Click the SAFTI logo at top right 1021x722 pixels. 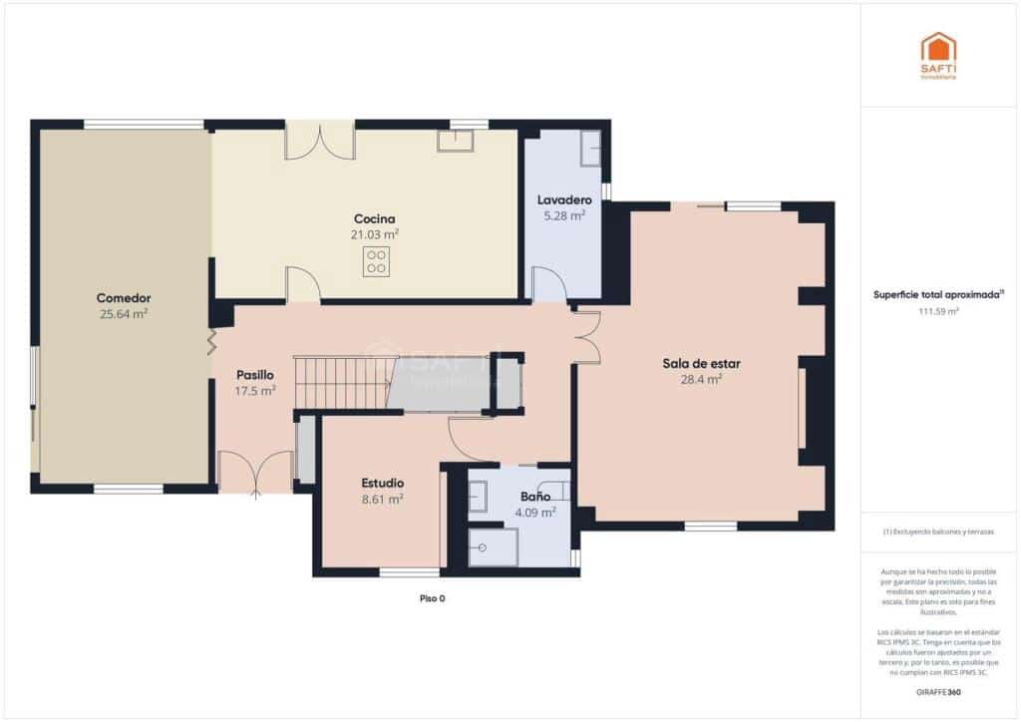coord(938,55)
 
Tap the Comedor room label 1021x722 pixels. coord(123,298)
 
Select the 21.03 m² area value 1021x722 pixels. coord(375,234)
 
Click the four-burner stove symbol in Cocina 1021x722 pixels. coord(376,262)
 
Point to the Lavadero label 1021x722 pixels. coord(563,199)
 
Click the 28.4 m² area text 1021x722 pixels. coord(701,379)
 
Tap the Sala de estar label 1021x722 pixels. coord(701,363)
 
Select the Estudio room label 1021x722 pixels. coord(382,483)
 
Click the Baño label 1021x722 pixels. coord(534,496)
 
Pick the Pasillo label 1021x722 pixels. coord(254,375)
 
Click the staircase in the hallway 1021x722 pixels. coord(339,384)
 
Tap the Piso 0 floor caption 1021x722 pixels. coord(431,598)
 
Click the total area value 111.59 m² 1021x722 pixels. coord(938,311)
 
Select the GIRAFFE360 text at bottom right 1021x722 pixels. coord(938,692)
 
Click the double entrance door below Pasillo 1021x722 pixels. coord(255,474)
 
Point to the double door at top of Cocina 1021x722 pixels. coord(319,142)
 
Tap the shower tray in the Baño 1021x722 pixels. coord(493,546)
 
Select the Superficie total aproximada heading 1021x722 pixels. coord(938,295)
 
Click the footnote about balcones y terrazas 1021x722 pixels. coord(938,532)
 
